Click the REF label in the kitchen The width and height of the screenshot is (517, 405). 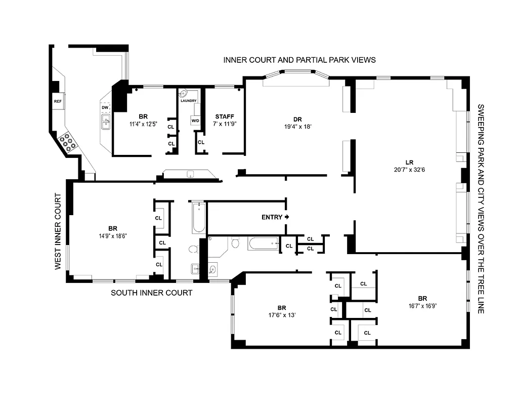(57, 101)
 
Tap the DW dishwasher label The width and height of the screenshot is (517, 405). (105, 108)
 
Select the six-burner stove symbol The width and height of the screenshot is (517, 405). (67, 142)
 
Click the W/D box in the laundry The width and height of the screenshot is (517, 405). (195, 120)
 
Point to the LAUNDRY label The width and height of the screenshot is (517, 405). (188, 101)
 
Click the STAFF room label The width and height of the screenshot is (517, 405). (224, 116)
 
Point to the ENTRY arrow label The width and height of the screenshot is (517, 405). (276, 217)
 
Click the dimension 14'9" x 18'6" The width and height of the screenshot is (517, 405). (112, 235)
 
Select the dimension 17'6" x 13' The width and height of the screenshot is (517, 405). (282, 315)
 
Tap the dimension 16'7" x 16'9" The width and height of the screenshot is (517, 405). (422, 305)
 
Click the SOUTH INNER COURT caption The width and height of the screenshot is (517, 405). (152, 293)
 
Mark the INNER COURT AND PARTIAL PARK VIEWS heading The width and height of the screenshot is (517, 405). (299, 60)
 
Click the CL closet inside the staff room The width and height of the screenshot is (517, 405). (201, 142)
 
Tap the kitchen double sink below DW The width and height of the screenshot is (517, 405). (106, 121)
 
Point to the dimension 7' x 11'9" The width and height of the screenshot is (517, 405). (224, 124)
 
